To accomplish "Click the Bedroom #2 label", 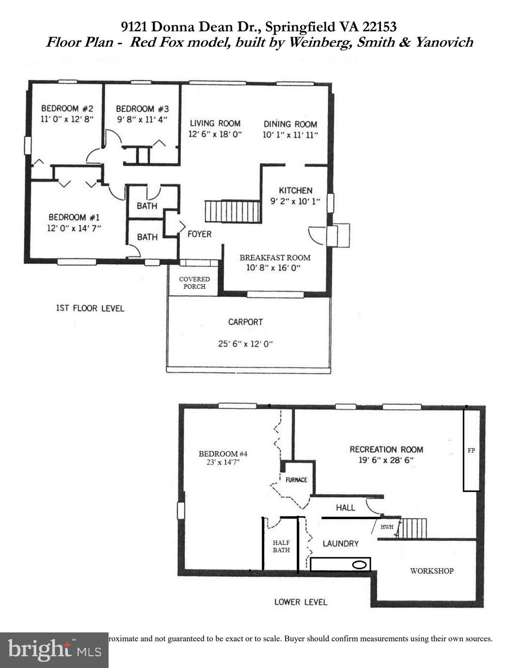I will tap(67, 108).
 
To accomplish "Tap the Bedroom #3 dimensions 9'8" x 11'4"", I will tap(142, 119).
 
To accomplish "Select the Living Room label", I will tap(215, 123).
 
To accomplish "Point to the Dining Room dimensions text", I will tap(290, 135).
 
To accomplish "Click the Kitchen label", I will tap(295, 190).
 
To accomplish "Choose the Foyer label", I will tap(200, 234).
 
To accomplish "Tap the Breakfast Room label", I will tap(275, 257).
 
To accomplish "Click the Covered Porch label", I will tap(194, 283).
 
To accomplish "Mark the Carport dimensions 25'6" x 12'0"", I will tap(245, 344).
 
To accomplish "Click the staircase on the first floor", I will tap(232, 211).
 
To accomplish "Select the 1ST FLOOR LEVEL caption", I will tap(90, 308).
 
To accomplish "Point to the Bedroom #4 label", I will tap(223, 454).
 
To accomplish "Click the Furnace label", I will tap(296, 480).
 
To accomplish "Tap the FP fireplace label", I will tap(471, 451).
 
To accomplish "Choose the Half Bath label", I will tap(281, 546).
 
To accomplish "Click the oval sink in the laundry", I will tap(359, 565).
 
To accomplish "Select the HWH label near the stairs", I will tap(387, 527).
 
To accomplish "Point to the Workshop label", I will tap(432, 571).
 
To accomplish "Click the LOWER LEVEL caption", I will tap(300, 602).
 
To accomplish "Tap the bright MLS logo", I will tap(54, 650).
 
